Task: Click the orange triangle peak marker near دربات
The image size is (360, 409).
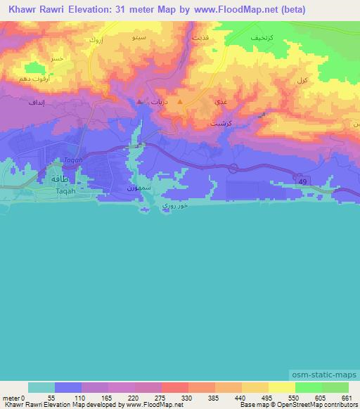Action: pos(180,103)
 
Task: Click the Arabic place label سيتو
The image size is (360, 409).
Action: pos(141,34)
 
